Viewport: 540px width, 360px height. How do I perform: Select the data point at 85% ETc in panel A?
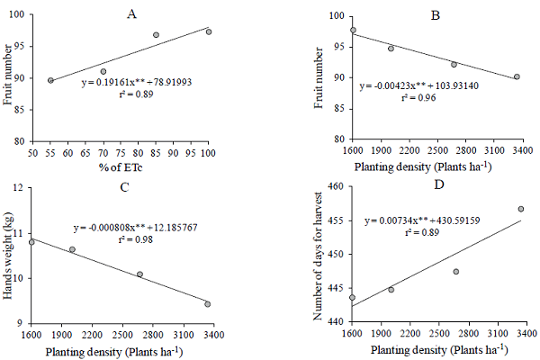point(156,35)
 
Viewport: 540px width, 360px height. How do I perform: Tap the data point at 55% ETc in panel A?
point(50,80)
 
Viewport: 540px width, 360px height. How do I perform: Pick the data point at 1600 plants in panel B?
point(353,30)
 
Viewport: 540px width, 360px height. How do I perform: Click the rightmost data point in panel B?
point(517,77)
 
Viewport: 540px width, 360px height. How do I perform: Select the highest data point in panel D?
point(520,209)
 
